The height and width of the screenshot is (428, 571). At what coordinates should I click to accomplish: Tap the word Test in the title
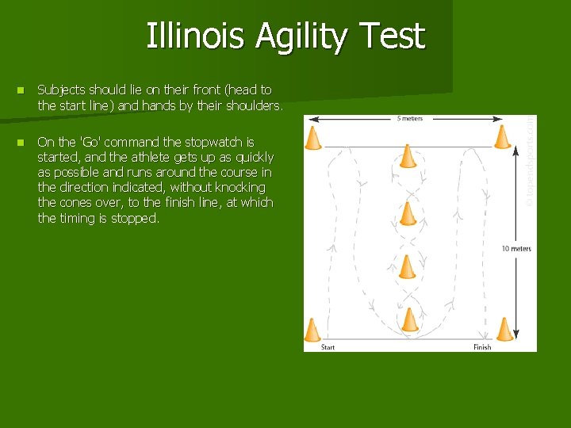392,36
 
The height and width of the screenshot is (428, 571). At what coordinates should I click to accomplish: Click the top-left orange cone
313,138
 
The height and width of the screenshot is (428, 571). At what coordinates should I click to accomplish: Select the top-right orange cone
502,137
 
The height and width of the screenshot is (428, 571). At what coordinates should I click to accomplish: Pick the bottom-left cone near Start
312,330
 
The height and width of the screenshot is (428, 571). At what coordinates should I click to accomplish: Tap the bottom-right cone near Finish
505,329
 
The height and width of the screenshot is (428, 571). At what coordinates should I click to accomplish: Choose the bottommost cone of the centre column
410,319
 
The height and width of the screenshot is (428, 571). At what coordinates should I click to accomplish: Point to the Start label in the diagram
328,347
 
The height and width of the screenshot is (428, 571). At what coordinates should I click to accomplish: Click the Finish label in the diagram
482,347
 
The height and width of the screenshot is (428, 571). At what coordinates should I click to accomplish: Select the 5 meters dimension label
409,119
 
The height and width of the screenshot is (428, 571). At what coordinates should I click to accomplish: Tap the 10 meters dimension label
516,249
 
